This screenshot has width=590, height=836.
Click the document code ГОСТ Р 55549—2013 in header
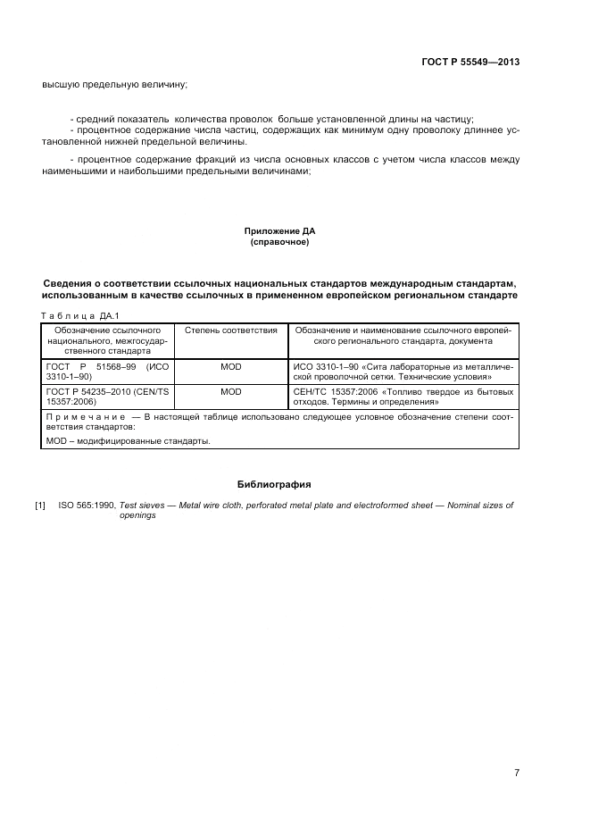click(470, 62)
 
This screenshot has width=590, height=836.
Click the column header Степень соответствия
click(230, 330)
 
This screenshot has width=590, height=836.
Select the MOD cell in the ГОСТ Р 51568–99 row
click(230, 366)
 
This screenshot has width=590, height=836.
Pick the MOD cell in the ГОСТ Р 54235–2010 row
click(230, 391)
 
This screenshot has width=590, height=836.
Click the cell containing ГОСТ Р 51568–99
click(107, 372)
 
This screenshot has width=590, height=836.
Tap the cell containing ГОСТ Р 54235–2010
click(107, 397)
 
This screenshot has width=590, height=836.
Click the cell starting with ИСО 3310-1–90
click(403, 372)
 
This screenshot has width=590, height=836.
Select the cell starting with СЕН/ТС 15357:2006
click(403, 397)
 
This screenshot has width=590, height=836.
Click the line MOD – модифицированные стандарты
click(128, 441)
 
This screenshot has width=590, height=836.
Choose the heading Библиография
click(274, 484)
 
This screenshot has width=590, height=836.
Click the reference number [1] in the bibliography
click(40, 506)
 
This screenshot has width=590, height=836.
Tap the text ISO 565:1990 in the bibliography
click(87, 506)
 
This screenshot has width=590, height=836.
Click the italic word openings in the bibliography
click(137, 515)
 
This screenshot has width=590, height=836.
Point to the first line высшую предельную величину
click(114, 85)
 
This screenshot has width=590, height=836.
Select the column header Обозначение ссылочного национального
click(107, 341)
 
